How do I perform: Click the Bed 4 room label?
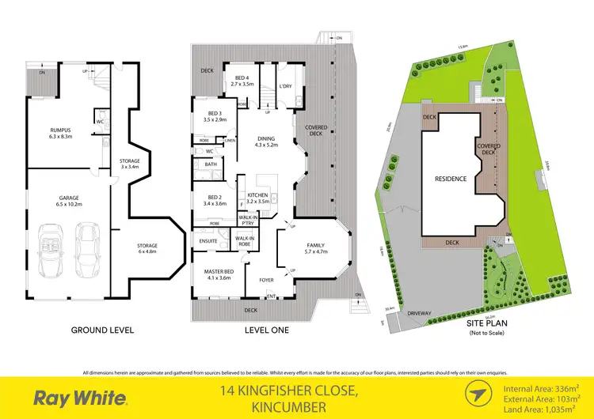(x=242, y=80)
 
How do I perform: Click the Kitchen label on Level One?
(x=259, y=198)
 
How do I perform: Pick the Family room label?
(x=315, y=249)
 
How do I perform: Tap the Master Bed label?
(x=212, y=274)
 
